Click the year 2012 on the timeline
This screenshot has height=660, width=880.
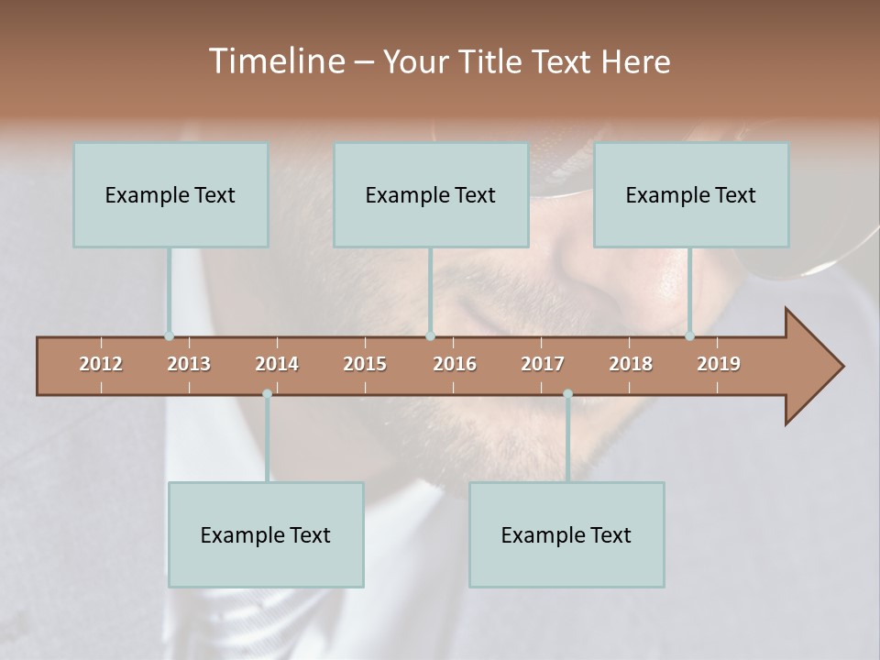[101, 364]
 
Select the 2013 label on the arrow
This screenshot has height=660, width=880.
[189, 364]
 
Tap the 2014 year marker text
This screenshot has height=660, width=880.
[277, 364]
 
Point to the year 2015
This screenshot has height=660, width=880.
[365, 364]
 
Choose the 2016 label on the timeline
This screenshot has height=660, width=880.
[455, 364]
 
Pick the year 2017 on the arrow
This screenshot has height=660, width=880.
[543, 364]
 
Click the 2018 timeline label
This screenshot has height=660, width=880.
[631, 364]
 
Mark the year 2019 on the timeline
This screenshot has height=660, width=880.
[719, 364]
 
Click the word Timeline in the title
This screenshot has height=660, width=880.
[275, 61]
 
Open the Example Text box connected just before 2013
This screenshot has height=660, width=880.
[170, 194]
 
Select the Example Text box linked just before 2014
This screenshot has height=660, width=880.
[266, 534]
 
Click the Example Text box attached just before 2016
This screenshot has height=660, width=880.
[431, 194]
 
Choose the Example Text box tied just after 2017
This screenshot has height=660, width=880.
[566, 534]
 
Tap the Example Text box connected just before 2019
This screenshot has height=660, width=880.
[691, 194]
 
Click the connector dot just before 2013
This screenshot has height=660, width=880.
[169, 336]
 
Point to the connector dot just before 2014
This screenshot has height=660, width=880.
[267, 394]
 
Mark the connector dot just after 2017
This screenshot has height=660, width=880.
[567, 394]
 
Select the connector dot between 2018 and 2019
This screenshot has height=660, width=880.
[689, 336]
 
